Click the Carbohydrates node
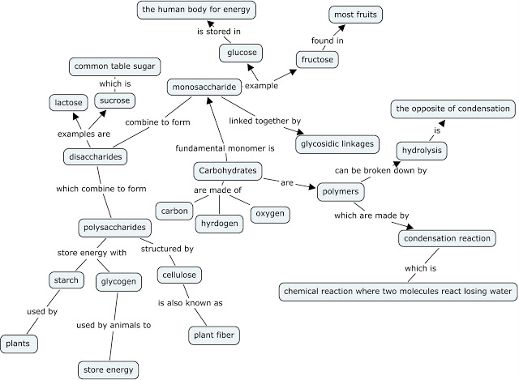click(x=228, y=171)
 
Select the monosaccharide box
click(x=203, y=86)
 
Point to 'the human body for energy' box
click(x=197, y=11)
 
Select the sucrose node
click(x=114, y=100)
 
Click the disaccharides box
click(x=95, y=157)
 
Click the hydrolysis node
click(x=422, y=150)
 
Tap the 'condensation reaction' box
click(x=447, y=238)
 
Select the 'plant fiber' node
click(x=214, y=334)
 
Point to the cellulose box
click(x=178, y=275)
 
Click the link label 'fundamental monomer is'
click(x=226, y=149)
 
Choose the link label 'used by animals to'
click(x=114, y=326)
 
